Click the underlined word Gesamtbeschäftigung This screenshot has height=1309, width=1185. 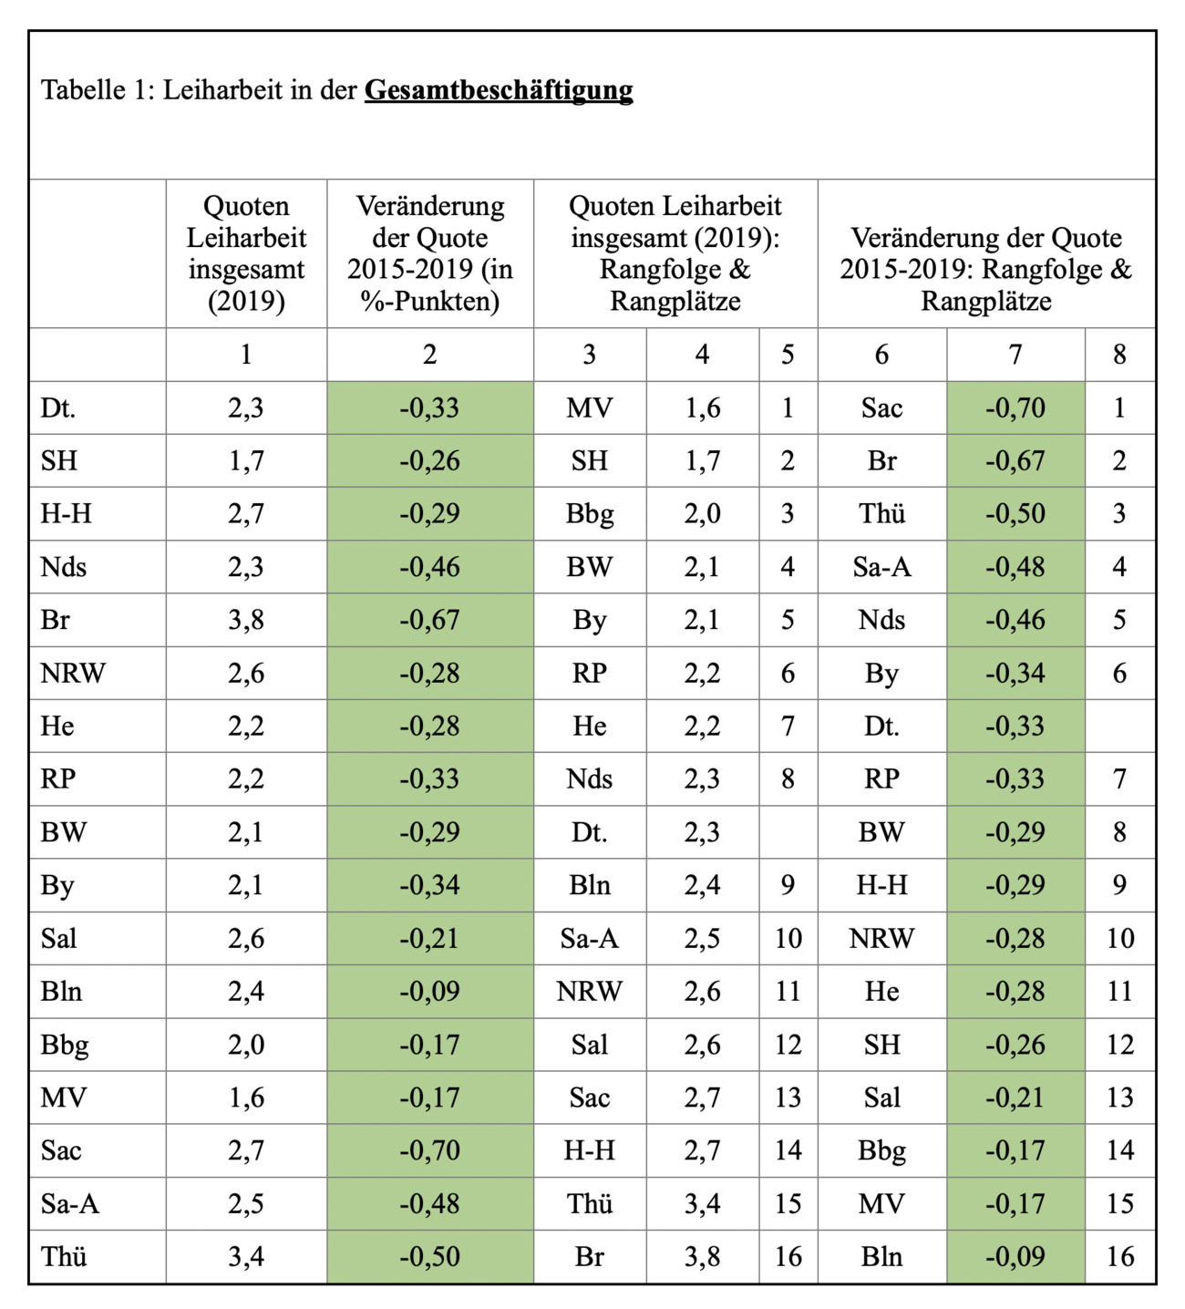499,90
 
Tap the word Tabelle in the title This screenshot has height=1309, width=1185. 83,89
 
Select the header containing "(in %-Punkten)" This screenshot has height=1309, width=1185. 430,253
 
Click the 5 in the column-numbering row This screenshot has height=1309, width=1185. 788,355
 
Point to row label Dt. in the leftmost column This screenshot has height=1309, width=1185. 58,407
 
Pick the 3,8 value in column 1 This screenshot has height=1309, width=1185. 246,619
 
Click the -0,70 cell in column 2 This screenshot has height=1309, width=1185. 430,1149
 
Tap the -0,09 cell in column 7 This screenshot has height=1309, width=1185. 1015,1256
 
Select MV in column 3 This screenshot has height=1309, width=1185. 589,407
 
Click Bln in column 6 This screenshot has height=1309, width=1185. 881,1256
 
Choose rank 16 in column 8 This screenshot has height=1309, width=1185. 1119,1256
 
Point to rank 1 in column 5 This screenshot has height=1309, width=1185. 788,407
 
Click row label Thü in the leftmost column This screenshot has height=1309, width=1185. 63,1256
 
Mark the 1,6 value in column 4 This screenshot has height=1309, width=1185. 702,407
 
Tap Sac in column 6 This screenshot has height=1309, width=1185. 881,407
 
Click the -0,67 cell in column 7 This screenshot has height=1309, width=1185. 1015,460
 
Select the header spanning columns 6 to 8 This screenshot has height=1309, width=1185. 985,269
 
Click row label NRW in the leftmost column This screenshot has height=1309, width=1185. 72,673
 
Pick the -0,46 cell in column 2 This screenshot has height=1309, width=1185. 430,566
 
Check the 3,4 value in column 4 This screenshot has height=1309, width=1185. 702,1203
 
